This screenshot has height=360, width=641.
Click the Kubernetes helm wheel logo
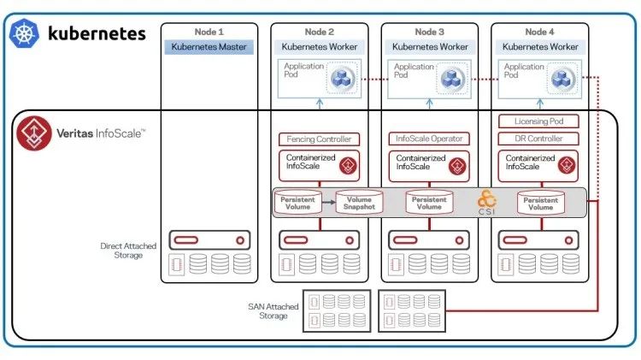(24, 33)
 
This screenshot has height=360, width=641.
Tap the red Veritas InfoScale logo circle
(34, 133)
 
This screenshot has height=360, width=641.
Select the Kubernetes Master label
(209, 47)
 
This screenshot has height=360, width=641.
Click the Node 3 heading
(429, 32)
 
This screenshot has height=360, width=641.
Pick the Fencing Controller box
(319, 139)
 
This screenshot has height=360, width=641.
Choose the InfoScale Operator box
(429, 139)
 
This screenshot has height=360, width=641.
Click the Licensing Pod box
(538, 121)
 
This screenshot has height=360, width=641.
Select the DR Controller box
(538, 139)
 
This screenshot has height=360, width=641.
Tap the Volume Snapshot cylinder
(359, 202)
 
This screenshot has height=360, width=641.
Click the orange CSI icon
(486, 202)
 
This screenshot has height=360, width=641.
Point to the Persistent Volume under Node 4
(540, 203)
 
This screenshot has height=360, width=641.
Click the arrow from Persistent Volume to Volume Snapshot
(329, 202)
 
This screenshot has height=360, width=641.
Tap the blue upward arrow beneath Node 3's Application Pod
(429, 104)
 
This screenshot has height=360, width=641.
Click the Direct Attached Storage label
(128, 251)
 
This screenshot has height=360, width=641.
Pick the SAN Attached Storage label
(273, 311)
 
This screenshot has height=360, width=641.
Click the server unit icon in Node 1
(209, 240)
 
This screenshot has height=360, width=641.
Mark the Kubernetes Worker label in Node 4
(540, 47)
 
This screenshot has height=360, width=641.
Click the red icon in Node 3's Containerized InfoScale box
(457, 166)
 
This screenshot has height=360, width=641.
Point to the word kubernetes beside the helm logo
(97, 33)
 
